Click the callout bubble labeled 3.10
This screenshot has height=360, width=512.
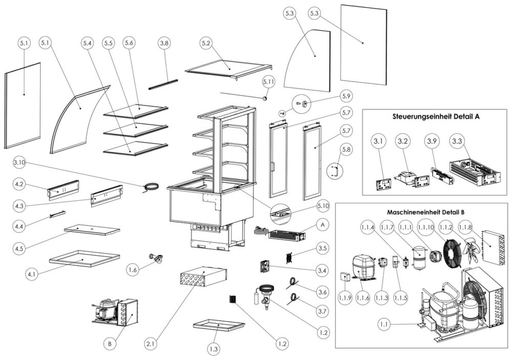coord(19,163)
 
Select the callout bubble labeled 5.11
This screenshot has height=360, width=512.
coord(268,82)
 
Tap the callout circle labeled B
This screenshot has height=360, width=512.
coord(110,344)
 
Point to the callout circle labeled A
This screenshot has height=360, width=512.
coord(323,225)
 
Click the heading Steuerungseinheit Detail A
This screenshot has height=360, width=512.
coord(436,116)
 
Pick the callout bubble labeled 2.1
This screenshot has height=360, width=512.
coord(151,344)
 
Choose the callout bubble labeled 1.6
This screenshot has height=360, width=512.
coord(133,269)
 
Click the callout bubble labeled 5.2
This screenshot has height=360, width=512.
coord(206,43)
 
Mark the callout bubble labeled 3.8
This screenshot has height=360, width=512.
coord(164,43)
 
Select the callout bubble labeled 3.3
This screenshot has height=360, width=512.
coord(457,141)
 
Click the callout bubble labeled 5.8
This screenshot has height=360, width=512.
coord(346,150)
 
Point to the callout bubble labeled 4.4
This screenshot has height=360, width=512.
coord(19,226)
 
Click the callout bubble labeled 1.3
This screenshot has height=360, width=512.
coord(214,349)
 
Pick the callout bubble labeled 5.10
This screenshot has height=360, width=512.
coord(323,206)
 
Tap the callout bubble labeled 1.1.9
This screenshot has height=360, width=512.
coord(345,298)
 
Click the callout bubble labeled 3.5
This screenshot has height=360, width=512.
coord(322,248)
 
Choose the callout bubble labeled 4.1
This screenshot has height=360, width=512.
coord(32,274)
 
